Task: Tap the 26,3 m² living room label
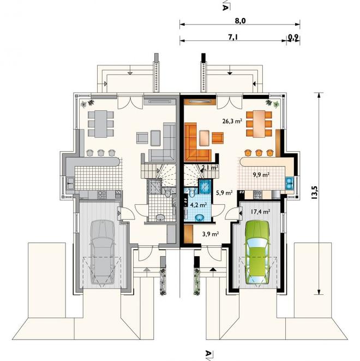[x=232, y=121]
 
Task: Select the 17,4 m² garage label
[x=260, y=211]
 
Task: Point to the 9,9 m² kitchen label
[x=261, y=175]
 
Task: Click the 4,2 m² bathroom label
[x=198, y=205]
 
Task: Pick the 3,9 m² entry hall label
[x=211, y=234]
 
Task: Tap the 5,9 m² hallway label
[x=224, y=193]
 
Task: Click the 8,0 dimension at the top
[x=240, y=21]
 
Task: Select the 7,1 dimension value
[x=233, y=37]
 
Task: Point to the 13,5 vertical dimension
[x=314, y=192]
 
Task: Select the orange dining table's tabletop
[x=259, y=124]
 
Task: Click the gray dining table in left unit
[x=101, y=124]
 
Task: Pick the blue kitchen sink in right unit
[x=289, y=183]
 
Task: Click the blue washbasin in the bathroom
[x=199, y=217]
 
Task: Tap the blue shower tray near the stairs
[x=205, y=187]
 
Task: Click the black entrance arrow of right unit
[x=213, y=269]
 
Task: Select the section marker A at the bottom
[x=208, y=354]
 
